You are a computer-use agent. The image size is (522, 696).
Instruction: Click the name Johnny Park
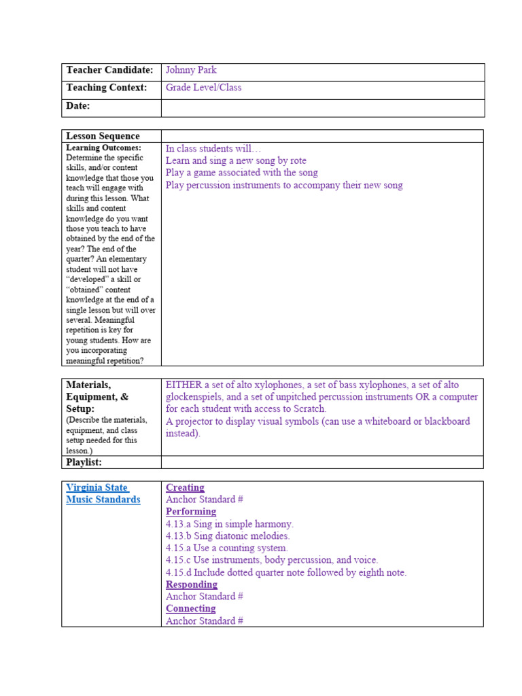(191, 70)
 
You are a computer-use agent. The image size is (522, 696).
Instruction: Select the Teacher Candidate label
(109, 70)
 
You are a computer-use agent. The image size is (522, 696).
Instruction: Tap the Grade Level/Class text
(203, 88)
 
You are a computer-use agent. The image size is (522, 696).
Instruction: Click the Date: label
(78, 106)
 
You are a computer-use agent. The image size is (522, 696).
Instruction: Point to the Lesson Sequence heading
(103, 136)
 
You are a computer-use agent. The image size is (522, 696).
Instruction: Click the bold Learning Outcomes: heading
(103, 147)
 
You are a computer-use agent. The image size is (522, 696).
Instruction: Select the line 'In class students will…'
(213, 148)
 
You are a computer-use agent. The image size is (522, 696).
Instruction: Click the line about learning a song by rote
(236, 160)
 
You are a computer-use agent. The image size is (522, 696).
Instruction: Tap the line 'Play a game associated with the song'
(241, 173)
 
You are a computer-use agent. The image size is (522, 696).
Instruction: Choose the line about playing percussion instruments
(284, 185)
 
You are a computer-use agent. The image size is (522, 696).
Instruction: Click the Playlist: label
(84, 462)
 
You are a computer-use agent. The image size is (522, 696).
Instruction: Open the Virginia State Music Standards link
(103, 493)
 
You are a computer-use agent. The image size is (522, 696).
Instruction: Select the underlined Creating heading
(185, 487)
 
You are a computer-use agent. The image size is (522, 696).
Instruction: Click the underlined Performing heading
(191, 511)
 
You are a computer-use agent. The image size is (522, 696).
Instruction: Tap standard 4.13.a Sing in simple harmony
(229, 524)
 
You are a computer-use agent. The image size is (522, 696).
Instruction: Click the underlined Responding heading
(192, 585)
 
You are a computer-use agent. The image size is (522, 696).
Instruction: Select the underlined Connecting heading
(191, 608)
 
